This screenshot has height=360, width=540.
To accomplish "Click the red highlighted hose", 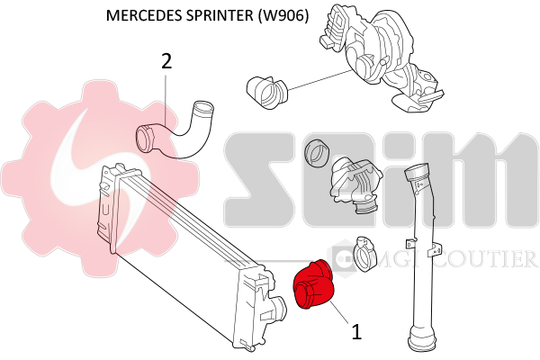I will [315, 285].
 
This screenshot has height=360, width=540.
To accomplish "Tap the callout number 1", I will [356, 332].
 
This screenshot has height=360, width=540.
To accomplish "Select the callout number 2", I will [166, 61].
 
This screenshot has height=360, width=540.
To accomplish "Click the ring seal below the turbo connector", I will [317, 152].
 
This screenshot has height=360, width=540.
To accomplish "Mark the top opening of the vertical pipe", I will [418, 173].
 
